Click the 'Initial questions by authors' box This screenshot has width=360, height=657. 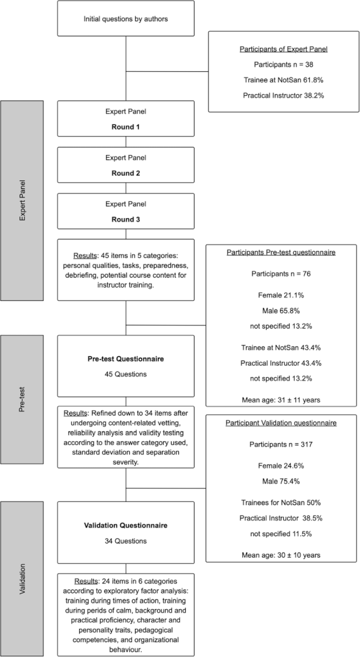(x=126, y=18)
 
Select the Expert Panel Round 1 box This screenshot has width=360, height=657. (x=126, y=118)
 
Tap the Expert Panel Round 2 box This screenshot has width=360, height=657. (x=126, y=165)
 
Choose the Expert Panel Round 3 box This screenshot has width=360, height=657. (x=126, y=211)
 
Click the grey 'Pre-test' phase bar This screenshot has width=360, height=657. (x=22, y=400)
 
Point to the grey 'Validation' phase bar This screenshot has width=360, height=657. (x=22, y=578)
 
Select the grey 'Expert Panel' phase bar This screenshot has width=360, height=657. (x=22, y=200)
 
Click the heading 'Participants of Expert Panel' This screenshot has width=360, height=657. (x=283, y=49)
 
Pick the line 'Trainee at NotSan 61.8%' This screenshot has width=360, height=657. (x=283, y=80)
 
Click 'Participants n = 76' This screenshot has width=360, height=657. (x=280, y=274)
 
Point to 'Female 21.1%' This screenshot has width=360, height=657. (x=281, y=295)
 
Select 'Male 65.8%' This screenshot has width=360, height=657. (x=281, y=311)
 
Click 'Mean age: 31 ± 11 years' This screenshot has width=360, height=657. (x=281, y=400)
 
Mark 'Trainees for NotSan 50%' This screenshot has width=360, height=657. (x=281, y=502)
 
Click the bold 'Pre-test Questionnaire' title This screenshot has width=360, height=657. (x=126, y=359)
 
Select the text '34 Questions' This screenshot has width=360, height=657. (x=126, y=541)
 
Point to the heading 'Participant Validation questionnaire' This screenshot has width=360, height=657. (x=281, y=423)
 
